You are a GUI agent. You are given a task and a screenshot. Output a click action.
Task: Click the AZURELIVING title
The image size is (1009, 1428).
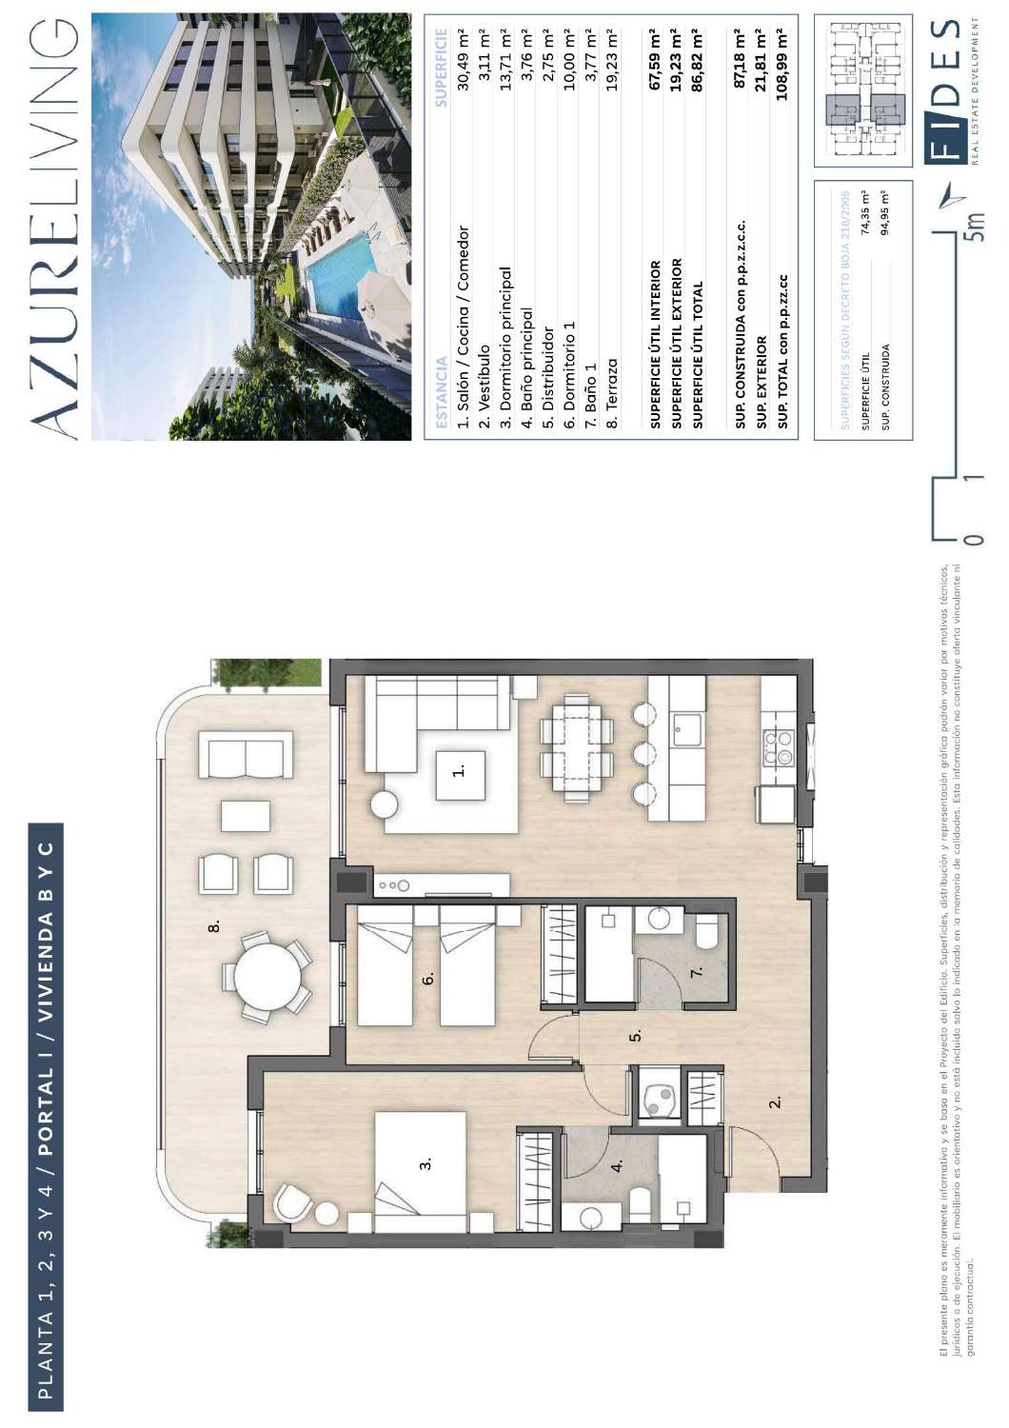(x=55, y=228)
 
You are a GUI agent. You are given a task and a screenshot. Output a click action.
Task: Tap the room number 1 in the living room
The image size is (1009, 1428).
(x=459, y=770)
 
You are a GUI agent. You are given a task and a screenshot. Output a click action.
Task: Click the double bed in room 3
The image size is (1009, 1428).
(x=421, y=1172)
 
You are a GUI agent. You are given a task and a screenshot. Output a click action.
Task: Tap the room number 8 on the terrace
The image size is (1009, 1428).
(x=214, y=925)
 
